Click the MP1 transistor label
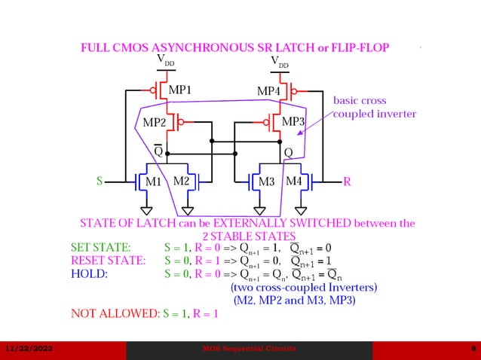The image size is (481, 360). point(179,90)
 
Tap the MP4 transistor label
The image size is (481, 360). point(269,91)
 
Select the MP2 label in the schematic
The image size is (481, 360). point(155,123)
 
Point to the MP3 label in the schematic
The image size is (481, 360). point(293,121)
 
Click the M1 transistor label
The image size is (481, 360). point(154,182)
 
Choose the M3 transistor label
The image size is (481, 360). point(267,182)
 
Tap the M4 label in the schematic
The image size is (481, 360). point(294,181)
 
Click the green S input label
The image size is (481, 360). point(99,182)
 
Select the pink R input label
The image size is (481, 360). point(347,182)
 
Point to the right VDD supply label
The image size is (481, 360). point(279,62)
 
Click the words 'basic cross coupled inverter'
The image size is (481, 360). point(374,107)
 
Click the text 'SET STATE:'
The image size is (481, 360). point(101,247)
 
